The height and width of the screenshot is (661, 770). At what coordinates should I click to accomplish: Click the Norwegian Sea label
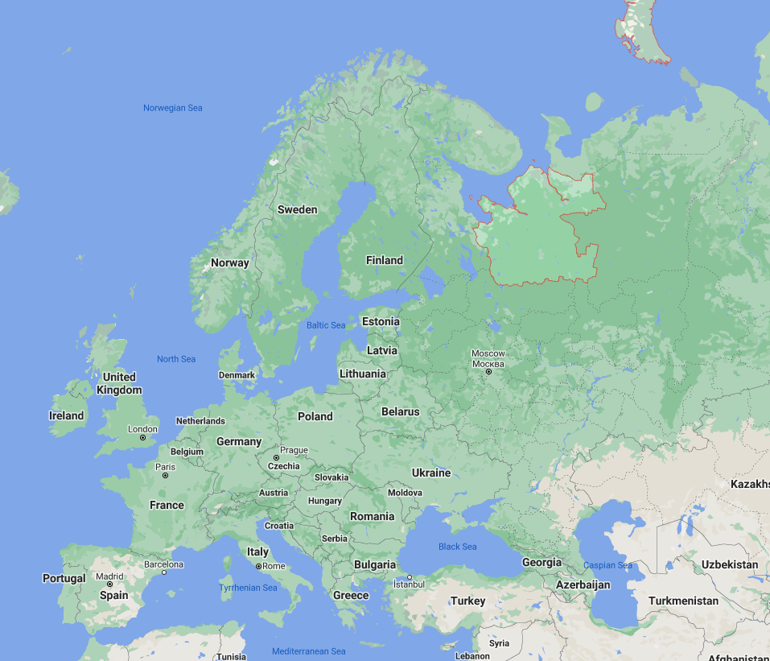(x=173, y=108)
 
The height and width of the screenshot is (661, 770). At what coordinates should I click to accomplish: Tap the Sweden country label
(x=298, y=209)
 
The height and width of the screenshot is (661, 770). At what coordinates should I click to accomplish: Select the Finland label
(x=385, y=260)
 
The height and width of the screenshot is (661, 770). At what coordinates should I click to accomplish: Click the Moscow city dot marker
(x=488, y=371)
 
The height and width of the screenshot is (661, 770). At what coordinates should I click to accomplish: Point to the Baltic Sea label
(x=326, y=325)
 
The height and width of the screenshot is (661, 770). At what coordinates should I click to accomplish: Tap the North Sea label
(x=176, y=359)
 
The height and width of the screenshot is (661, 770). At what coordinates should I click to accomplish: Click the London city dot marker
(x=143, y=438)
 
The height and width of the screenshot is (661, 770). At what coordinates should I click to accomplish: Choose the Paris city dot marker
(x=166, y=476)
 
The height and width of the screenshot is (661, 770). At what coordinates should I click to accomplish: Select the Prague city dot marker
(x=277, y=457)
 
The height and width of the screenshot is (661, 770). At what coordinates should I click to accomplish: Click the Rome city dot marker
(x=258, y=566)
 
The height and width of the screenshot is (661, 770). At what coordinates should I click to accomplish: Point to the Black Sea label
(x=458, y=547)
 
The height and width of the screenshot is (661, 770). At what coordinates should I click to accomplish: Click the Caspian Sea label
(x=607, y=565)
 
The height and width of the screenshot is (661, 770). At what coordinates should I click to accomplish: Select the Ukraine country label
(x=431, y=473)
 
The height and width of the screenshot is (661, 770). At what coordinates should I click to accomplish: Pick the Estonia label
(x=381, y=321)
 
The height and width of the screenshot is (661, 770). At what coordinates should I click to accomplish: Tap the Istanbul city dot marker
(x=410, y=576)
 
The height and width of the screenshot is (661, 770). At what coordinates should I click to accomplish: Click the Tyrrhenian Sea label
(x=248, y=588)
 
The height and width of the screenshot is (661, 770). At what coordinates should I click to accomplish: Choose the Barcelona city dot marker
(x=164, y=572)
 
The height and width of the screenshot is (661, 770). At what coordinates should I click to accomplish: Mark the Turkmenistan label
(x=683, y=601)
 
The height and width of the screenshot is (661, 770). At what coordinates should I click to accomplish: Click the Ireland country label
(x=66, y=415)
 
